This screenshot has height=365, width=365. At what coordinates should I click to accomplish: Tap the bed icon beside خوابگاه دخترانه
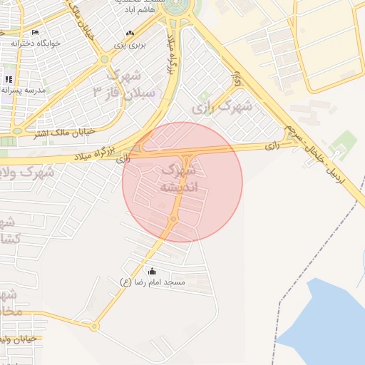click(x=36, y=33)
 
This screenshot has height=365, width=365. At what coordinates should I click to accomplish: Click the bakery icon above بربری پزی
click(x=129, y=34)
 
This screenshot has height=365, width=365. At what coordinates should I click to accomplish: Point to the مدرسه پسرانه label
click(x=24, y=90)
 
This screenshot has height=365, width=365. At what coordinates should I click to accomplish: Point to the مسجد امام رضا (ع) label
click(x=153, y=282)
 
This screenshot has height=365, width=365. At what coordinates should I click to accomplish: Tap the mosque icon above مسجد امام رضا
click(x=153, y=272)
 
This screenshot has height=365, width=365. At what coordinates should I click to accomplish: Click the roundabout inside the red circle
click(x=173, y=219)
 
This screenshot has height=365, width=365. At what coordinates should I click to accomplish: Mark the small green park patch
click(x=345, y=139)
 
